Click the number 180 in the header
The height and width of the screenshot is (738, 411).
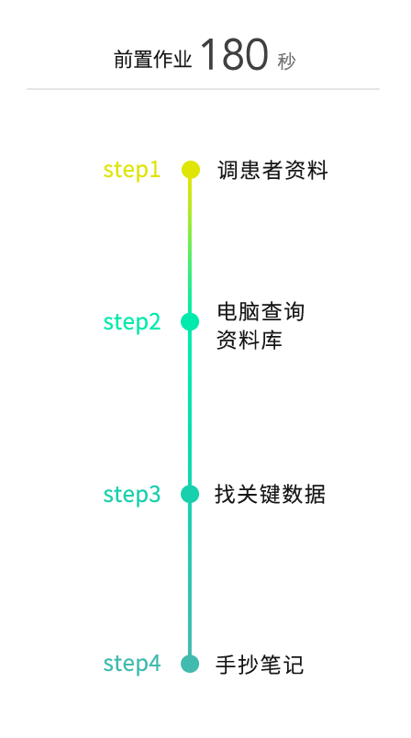[234, 54]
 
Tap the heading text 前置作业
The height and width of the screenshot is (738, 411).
[153, 61]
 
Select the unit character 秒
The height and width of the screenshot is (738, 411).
[286, 61]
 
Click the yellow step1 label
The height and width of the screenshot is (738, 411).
[132, 170]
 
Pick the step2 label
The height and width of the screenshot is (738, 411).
[132, 322]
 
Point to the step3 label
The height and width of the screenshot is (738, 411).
[132, 494]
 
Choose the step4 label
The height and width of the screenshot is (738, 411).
[132, 663]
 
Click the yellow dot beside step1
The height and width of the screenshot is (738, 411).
[191, 170]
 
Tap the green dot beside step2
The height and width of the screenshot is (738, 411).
[190, 322]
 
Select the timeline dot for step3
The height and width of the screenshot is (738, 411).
[190, 494]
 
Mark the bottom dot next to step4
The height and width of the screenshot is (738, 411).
[190, 664]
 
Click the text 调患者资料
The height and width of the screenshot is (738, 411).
[272, 170]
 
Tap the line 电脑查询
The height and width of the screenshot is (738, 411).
[261, 311]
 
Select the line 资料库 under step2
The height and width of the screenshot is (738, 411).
[250, 340]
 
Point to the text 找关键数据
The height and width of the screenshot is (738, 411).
[270, 494]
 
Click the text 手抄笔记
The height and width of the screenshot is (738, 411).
[260, 665]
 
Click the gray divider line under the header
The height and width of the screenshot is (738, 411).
[203, 88]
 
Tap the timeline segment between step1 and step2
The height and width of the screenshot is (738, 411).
[190, 246]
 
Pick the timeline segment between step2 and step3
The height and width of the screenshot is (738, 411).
[190, 408]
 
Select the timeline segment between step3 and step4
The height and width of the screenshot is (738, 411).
[190, 579]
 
